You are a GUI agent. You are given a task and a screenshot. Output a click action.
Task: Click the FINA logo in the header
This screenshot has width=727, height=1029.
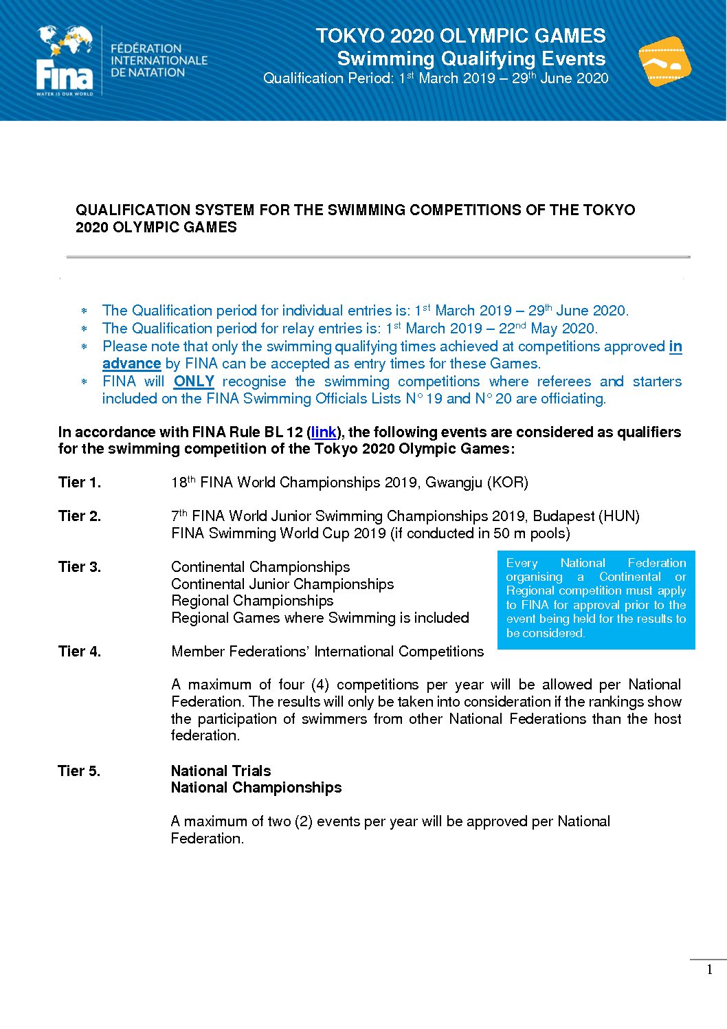point(65,61)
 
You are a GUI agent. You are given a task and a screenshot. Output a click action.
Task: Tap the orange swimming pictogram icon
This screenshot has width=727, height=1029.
point(664,62)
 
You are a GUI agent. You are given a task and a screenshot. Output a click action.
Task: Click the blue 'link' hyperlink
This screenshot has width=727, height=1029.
point(324,432)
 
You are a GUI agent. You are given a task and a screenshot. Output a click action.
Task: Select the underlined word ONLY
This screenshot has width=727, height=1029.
point(194,381)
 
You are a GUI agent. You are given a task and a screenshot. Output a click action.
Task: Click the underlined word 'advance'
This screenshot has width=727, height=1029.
point(131,364)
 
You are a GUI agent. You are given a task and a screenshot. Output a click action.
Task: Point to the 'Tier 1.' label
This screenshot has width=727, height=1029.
point(80,483)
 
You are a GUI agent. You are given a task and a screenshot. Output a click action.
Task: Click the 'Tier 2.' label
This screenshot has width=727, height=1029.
point(80,516)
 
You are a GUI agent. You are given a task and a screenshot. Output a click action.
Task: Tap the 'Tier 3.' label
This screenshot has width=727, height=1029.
point(80,567)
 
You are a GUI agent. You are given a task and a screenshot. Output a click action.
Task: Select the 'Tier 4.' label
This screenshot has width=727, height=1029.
point(80,652)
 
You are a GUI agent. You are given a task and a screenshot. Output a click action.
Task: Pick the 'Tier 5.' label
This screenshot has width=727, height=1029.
point(79,771)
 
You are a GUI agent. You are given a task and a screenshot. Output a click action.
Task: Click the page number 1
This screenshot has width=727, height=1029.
point(710,970)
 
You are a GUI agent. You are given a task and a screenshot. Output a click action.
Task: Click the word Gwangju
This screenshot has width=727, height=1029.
point(454,483)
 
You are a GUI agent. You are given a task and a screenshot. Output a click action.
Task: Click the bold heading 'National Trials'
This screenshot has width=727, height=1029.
point(221,771)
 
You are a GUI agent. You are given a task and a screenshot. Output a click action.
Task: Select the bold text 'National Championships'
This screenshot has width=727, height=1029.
point(256,788)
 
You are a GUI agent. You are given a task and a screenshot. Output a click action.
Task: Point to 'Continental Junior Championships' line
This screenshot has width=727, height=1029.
point(282,584)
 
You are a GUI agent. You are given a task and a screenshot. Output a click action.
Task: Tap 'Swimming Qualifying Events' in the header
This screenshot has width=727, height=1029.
point(471,59)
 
